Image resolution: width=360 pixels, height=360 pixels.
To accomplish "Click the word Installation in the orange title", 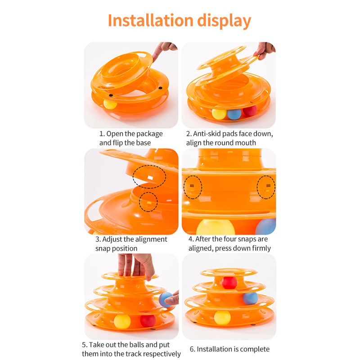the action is tap(151, 20).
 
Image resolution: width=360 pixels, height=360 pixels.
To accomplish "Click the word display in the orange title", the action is tap(224, 21).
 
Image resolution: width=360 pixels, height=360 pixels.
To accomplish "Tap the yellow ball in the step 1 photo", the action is tap(110, 104).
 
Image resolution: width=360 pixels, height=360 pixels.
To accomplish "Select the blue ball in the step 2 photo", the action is tap(234, 114).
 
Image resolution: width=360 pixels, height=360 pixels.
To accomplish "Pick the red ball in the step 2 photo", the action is tap(250, 111).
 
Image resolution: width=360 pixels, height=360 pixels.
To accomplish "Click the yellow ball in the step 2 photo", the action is tap(219, 114).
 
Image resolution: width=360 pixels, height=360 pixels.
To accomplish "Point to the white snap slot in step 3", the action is tap(150, 177).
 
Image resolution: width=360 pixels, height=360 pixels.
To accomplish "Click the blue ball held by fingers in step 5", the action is tap(165, 299).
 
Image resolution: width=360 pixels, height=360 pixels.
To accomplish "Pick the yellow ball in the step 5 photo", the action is tap(122, 321).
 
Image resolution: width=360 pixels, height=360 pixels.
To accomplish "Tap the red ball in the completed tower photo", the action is tap(229, 283).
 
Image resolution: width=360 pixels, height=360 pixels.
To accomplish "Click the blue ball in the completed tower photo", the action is tap(251, 298).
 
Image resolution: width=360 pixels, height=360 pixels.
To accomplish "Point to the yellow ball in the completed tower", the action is tap(222, 318).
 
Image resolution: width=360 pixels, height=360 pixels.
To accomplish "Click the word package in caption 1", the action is tap(149, 134).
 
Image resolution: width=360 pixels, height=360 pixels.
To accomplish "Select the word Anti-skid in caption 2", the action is tap(207, 133).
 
